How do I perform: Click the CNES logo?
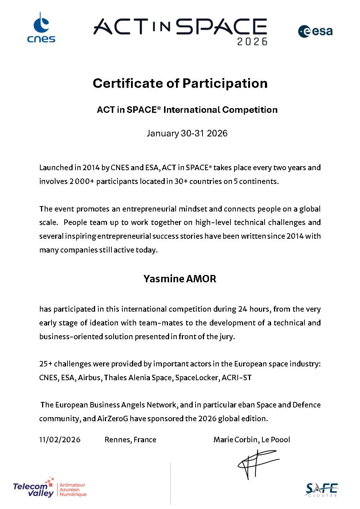(41, 28)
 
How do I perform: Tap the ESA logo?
(315, 32)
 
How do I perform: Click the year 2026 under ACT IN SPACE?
(252, 42)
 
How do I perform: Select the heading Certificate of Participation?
(180, 83)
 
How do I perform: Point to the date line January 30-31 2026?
(187, 134)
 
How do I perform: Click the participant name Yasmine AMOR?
(180, 279)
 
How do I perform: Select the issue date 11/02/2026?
(60, 440)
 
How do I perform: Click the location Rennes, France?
(130, 440)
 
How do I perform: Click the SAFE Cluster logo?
(322, 490)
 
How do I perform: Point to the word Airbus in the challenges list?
(89, 378)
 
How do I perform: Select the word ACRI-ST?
(237, 378)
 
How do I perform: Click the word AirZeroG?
(112, 419)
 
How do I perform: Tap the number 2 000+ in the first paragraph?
(82, 181)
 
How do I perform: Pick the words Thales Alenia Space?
(138, 378)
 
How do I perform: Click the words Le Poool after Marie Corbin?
(275, 440)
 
